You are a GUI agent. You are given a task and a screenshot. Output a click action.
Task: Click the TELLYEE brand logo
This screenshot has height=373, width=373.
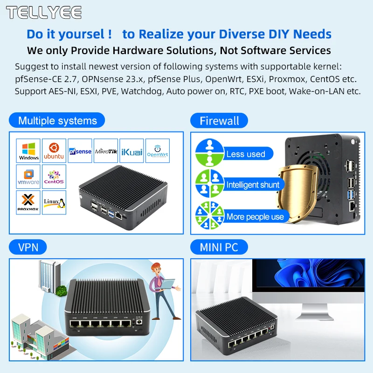(x=44, y=13)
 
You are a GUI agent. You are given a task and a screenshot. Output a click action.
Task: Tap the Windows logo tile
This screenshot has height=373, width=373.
(x=28, y=151)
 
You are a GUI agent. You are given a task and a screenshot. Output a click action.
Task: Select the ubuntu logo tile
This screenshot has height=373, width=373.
(x=54, y=151)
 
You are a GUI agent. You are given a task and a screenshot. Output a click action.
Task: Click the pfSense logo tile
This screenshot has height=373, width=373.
(x=80, y=151)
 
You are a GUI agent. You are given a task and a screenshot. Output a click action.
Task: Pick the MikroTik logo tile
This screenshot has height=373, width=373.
(x=106, y=151)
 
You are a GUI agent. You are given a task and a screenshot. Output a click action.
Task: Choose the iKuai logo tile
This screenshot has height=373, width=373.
(x=131, y=151)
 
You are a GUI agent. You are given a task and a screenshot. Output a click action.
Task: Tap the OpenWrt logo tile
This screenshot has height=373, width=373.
(x=157, y=151)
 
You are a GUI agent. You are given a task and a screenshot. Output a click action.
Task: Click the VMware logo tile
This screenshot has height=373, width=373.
(x=28, y=177)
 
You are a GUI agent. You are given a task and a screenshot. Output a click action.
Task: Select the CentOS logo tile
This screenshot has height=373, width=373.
(x=54, y=177)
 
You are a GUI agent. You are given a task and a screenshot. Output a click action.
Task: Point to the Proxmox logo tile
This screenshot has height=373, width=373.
(x=28, y=202)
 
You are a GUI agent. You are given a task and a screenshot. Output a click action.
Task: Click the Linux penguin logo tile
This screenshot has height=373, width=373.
(x=54, y=202)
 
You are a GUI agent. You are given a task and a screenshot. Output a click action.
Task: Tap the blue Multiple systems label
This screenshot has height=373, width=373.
(x=57, y=121)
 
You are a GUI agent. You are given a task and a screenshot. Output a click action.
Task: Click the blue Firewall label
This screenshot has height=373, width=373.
(x=219, y=121)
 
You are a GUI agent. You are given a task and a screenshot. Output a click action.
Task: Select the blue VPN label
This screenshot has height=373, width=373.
(x=28, y=247)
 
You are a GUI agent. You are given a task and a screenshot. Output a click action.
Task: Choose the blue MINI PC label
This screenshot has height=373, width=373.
(x=219, y=247)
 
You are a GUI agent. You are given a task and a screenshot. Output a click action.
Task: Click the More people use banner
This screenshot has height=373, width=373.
(x=255, y=216)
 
